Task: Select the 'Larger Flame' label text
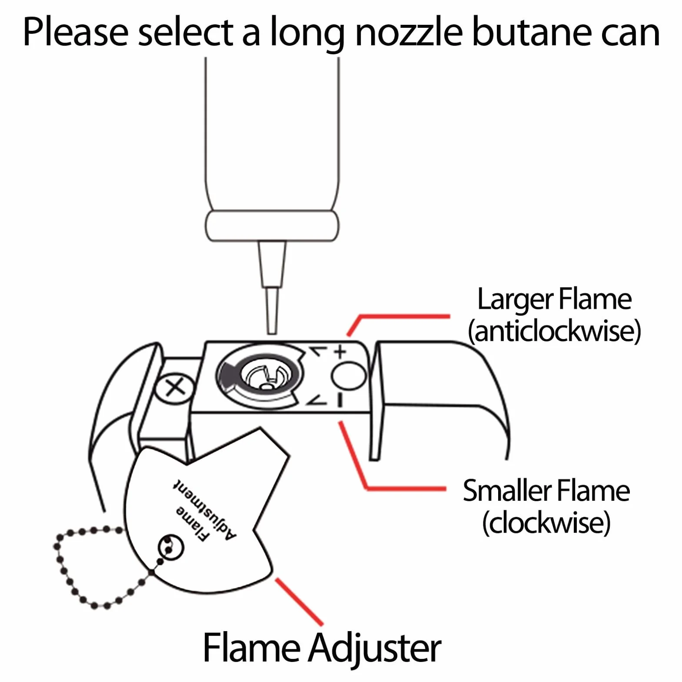(x=554, y=300)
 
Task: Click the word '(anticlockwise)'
(x=554, y=331)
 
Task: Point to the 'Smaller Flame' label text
(x=546, y=491)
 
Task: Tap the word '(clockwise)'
(x=546, y=522)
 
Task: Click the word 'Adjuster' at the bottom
(x=375, y=648)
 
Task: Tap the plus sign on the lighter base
(x=340, y=351)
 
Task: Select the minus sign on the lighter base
(x=340, y=400)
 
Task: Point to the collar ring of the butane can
(x=272, y=226)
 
